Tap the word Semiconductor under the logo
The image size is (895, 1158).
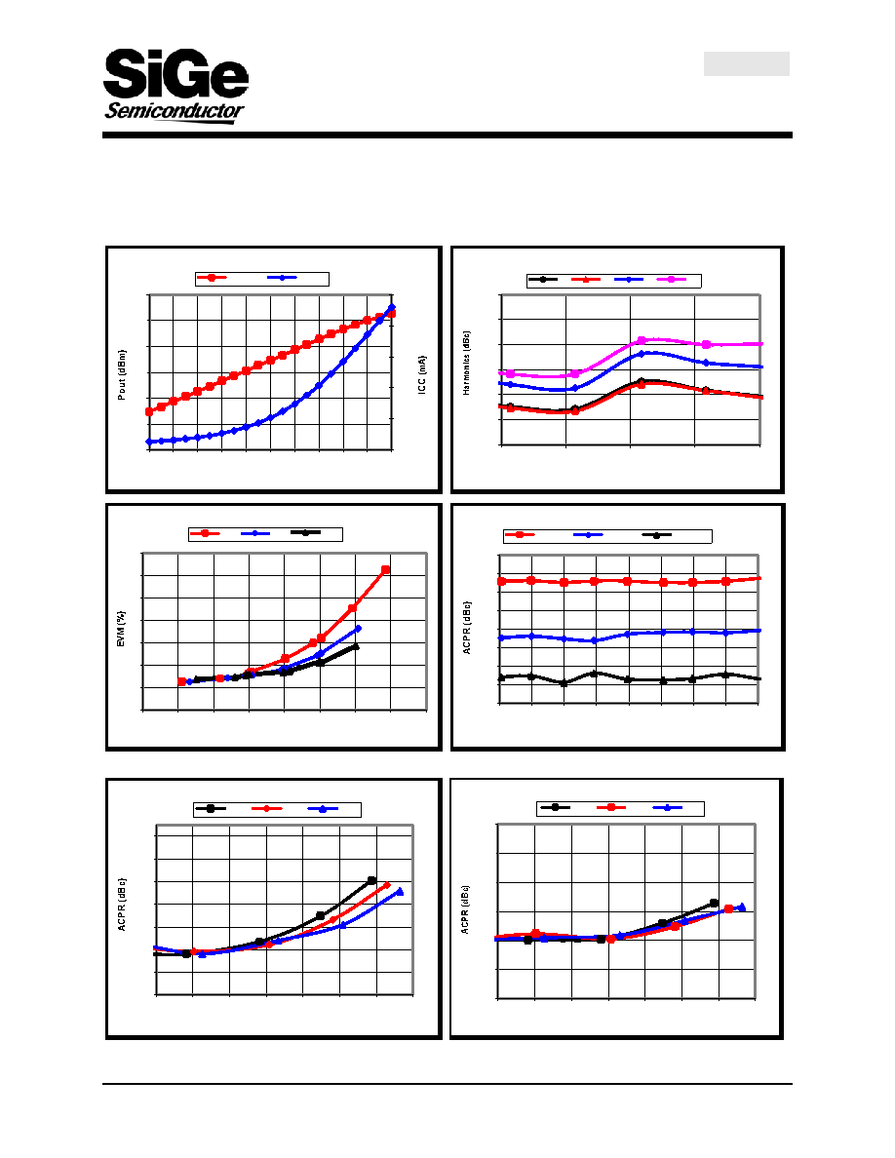175,111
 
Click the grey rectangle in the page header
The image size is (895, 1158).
747,63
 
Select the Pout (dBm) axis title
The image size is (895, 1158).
122,375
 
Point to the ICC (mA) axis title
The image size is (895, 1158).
422,374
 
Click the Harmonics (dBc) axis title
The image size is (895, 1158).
467,363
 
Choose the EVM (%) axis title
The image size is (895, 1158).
121,630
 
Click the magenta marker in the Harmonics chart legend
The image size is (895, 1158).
671,279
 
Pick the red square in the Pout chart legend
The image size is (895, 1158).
212,278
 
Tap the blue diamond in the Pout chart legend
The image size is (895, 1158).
282,278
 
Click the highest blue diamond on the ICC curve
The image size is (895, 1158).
392,307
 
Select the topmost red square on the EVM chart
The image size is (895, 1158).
385,569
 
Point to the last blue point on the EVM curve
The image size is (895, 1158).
359,629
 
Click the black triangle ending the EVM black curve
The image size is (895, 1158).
356,646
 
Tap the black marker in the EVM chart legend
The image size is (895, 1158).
305,532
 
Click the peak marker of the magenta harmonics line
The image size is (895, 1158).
642,340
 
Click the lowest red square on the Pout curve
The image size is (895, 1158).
149,411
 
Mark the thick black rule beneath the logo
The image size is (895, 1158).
447,135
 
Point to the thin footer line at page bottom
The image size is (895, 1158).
447,1084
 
